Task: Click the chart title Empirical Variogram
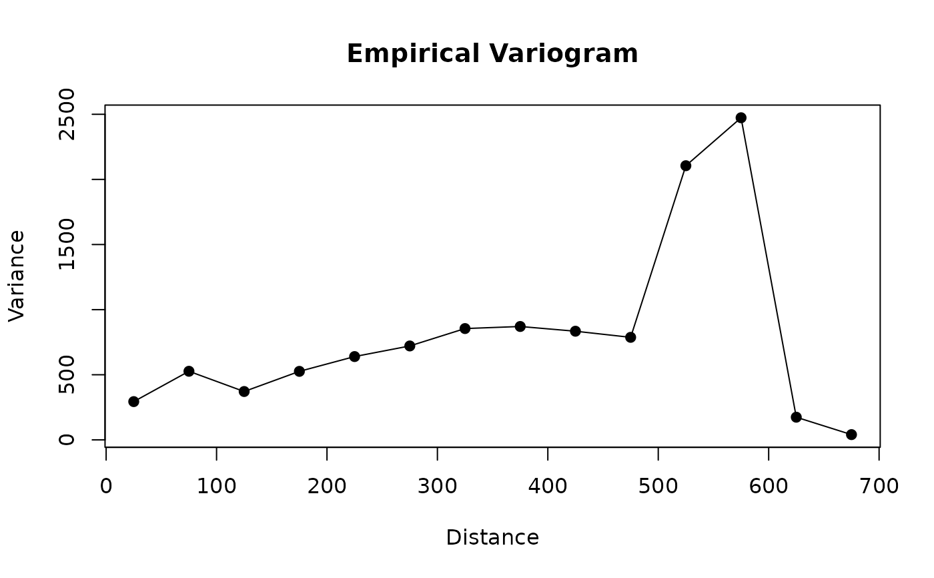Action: (x=492, y=54)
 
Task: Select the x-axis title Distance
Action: (x=492, y=537)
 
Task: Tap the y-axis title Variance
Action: (x=17, y=276)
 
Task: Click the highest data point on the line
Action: (x=741, y=117)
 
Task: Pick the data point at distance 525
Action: (x=686, y=166)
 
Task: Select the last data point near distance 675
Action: (x=851, y=435)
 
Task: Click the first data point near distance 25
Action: (x=133, y=401)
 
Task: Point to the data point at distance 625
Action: (x=796, y=417)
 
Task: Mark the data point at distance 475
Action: (x=630, y=337)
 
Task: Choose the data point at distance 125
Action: (x=244, y=391)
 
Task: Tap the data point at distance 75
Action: (x=189, y=371)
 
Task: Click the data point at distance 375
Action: (x=520, y=326)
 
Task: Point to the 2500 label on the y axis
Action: (x=67, y=114)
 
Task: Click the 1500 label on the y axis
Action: (x=67, y=244)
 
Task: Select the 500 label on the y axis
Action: (x=67, y=374)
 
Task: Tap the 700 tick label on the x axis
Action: (x=879, y=486)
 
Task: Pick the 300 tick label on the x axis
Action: (x=437, y=486)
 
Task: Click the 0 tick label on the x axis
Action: (x=106, y=486)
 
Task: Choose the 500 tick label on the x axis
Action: (x=658, y=486)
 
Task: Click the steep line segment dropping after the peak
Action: (x=769, y=268)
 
